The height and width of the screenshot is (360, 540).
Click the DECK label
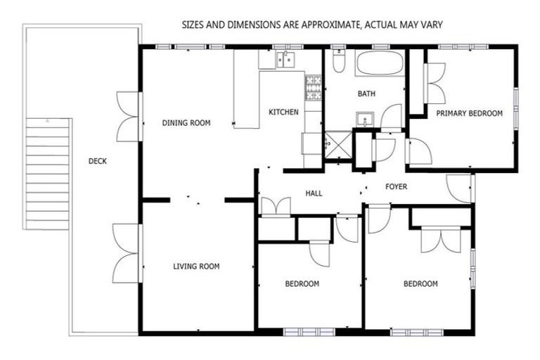[x=98, y=161]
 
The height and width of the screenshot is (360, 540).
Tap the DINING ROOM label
[x=186, y=123]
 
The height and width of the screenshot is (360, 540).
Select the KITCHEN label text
[x=283, y=112]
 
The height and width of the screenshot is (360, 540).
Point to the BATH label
[x=366, y=94]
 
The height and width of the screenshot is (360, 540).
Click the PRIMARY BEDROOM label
[x=469, y=112]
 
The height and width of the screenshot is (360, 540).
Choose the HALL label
[x=314, y=193]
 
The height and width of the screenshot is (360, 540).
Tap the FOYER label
[x=397, y=186]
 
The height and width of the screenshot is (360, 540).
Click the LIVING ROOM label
[x=196, y=266]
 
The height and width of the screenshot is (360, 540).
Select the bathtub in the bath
[x=380, y=64]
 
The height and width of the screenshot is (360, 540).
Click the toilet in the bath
[x=338, y=63]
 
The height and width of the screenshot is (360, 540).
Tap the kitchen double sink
[x=285, y=60]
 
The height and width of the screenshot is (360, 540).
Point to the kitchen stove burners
[x=313, y=87]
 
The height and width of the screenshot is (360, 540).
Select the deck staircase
[x=48, y=172]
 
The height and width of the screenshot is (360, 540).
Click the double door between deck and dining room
[x=129, y=117]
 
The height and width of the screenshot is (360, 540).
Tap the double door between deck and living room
[x=127, y=253]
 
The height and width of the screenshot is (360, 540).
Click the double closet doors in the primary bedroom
[x=435, y=84]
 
